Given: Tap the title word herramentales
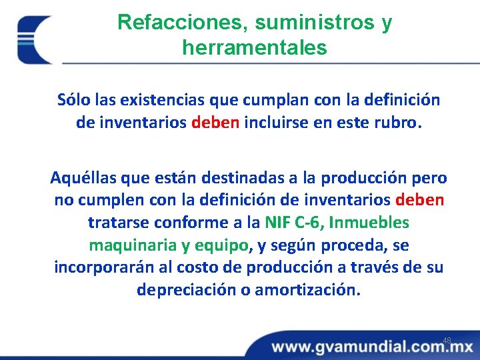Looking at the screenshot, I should (x=254, y=48).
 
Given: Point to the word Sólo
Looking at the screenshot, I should (x=74, y=100).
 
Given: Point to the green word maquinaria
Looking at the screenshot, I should (x=129, y=245).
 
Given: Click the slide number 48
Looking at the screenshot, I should (x=447, y=341).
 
